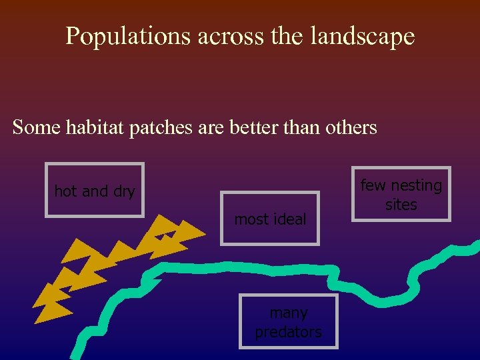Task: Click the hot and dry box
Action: pos(95,191)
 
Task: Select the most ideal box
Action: pos(270,219)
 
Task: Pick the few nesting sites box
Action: pos(401,194)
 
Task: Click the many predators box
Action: pos(289,321)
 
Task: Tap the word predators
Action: pos(289,331)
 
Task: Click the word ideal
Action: pos(291,219)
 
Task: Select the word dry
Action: pos(124,192)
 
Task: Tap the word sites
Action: pos(401,205)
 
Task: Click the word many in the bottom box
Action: pos(289,313)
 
